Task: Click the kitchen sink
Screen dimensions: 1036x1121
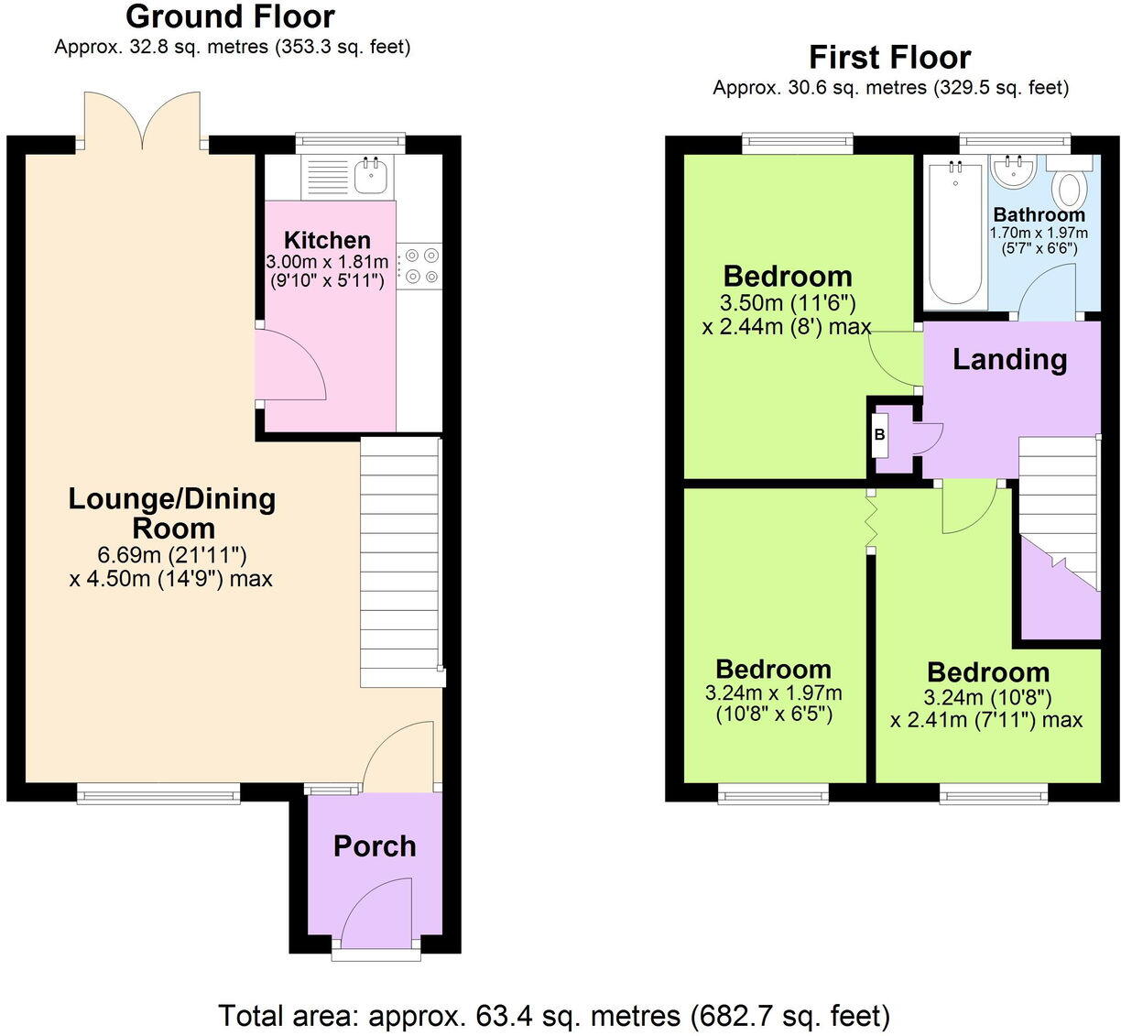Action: [x=371, y=174]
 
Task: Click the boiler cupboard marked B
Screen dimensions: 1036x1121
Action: [x=880, y=436]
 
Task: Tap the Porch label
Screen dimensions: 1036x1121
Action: [x=375, y=845]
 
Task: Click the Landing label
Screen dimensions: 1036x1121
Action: [x=1009, y=359]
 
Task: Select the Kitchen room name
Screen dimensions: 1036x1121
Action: [x=327, y=240]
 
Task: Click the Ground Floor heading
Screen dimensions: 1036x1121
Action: [x=230, y=16]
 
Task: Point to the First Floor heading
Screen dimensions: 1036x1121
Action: [x=889, y=58]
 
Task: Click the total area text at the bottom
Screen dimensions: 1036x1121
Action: [x=554, y=1015]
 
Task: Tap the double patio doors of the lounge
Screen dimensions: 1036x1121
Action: [x=142, y=119]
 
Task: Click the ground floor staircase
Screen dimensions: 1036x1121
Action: [x=400, y=562]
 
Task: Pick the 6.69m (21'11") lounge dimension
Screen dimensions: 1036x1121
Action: [x=172, y=554]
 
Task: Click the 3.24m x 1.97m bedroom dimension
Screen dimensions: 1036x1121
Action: [x=774, y=693]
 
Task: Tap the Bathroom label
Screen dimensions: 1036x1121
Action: [x=1039, y=214]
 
